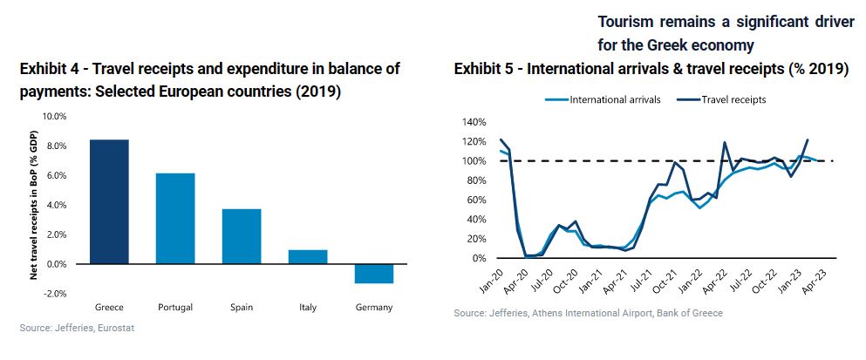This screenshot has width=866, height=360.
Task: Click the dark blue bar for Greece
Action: pyautogui.click(x=110, y=201)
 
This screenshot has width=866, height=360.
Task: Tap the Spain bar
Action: pyautogui.click(x=242, y=235)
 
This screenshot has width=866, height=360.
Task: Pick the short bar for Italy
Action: pyautogui.click(x=308, y=256)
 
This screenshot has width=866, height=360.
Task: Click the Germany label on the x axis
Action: pyautogui.click(x=374, y=307)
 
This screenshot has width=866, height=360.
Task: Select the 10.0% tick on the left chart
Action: pyautogui.click(x=54, y=116)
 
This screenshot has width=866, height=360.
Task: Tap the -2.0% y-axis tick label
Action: pyautogui.click(x=54, y=294)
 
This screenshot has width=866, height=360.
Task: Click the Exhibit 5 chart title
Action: pyautogui.click(x=651, y=70)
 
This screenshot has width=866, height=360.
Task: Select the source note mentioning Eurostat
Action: pyautogui.click(x=77, y=328)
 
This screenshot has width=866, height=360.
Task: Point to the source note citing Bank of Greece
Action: pyautogui.click(x=588, y=313)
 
